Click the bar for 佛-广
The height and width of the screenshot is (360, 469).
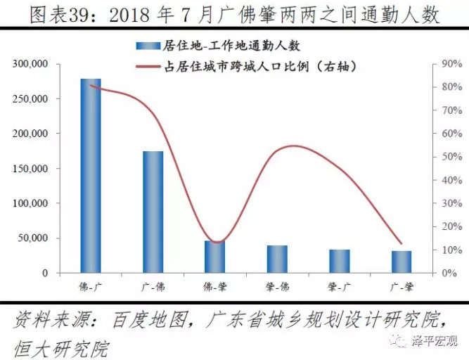point(91,176)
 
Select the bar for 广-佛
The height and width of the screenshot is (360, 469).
point(153,212)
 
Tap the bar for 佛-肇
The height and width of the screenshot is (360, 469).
point(215,257)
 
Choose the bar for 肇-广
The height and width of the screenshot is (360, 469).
point(339,261)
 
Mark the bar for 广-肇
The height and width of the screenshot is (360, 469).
point(401,262)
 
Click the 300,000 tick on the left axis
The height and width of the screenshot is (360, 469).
point(30,64)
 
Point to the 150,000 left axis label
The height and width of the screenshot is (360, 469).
point(30,169)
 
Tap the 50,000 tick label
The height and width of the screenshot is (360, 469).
point(32,238)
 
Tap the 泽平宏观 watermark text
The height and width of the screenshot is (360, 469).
point(438,341)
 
